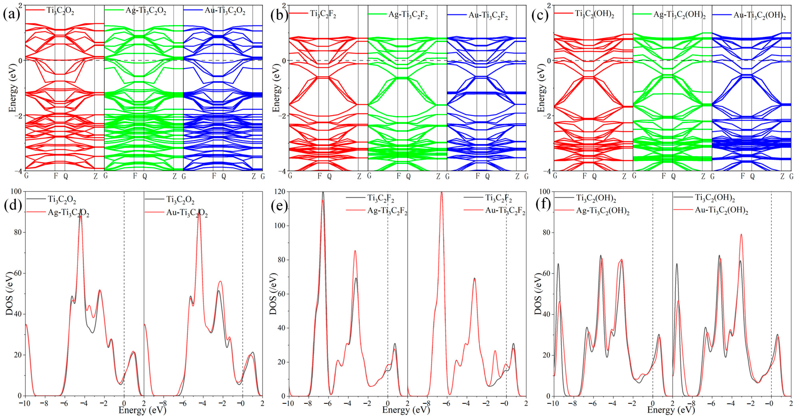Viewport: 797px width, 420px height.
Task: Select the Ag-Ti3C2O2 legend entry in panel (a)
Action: [x=145, y=11]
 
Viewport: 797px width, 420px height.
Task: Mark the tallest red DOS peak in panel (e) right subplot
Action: [x=441, y=192]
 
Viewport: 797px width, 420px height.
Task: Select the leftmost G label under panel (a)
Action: [x=26, y=176]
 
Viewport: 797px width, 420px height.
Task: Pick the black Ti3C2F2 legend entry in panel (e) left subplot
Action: [x=381, y=198]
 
